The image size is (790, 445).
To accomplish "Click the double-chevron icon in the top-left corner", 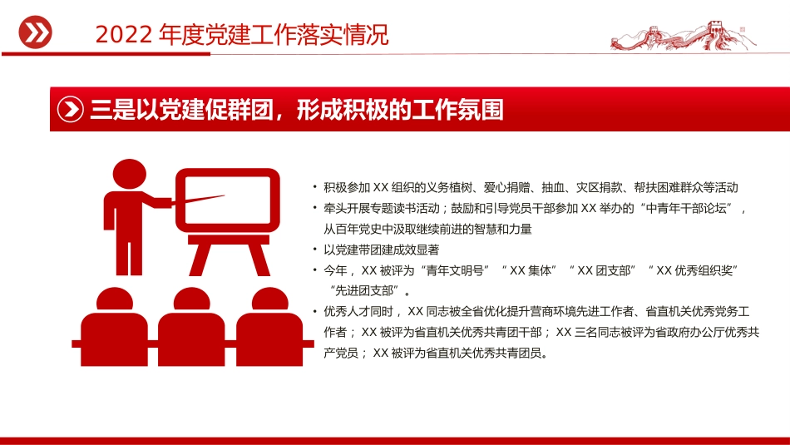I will click(x=35, y=32).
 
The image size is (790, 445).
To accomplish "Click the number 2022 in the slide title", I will click(x=121, y=35).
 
